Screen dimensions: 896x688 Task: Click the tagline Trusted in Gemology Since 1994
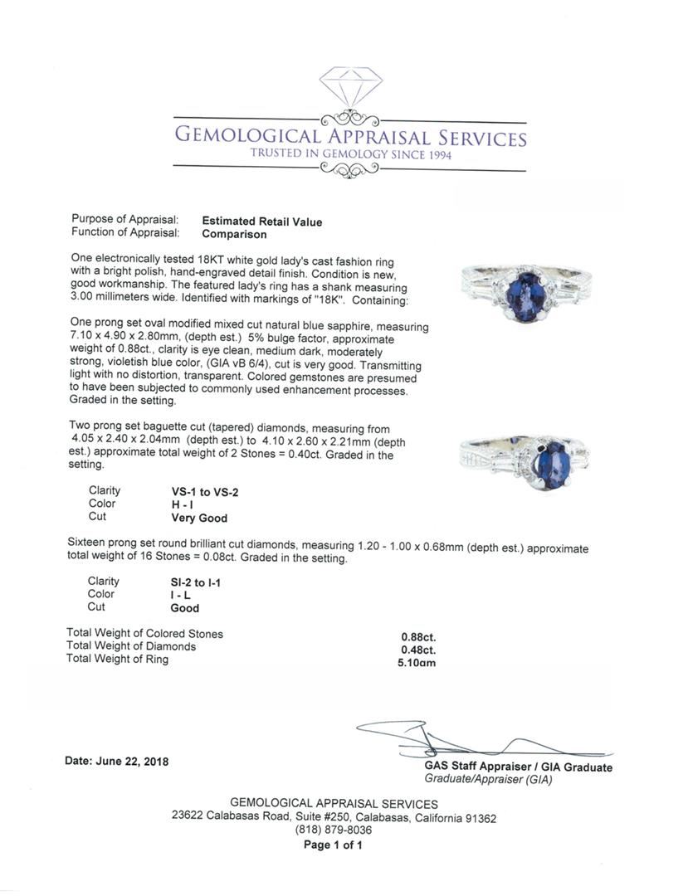tap(350, 154)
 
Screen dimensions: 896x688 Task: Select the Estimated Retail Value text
tap(262, 222)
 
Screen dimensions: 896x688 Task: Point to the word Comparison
tap(234, 234)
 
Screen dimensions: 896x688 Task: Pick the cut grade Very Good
tap(199, 518)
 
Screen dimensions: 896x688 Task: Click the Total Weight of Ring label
tap(118, 659)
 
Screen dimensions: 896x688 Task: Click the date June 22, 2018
tap(116, 761)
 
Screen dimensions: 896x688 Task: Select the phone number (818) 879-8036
tap(334, 830)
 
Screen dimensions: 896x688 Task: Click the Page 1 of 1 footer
tap(333, 845)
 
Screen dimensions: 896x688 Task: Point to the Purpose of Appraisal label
tap(125, 220)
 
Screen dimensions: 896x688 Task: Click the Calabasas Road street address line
tap(334, 817)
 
